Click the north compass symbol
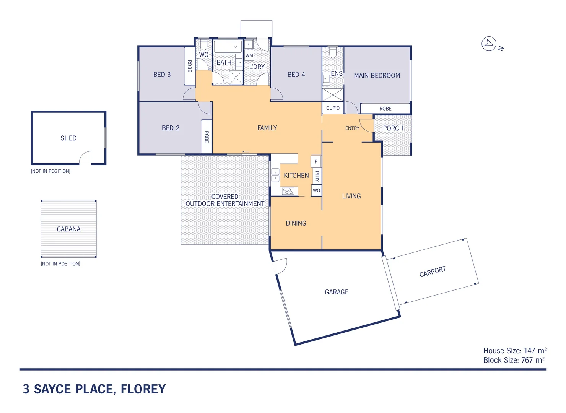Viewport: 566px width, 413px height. [x=489, y=44]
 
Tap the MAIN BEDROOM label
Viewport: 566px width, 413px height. [x=377, y=76]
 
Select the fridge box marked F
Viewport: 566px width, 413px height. [x=316, y=162]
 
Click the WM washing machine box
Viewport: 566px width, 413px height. [x=249, y=55]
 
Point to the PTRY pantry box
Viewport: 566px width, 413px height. [x=317, y=176]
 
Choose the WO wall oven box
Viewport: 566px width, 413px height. [x=316, y=190]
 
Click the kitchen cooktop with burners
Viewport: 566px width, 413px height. [x=288, y=191]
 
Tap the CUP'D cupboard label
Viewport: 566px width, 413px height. [x=333, y=108]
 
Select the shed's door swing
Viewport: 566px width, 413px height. [x=86, y=157]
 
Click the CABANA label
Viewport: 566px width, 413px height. [x=68, y=229]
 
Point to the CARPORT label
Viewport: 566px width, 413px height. [x=433, y=272]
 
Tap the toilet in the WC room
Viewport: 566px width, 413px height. [x=203, y=46]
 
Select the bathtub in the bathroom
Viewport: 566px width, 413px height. [x=228, y=47]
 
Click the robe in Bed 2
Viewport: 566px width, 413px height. [x=207, y=137]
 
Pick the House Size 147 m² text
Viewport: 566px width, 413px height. [x=514, y=351]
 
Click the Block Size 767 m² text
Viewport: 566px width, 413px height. [x=514, y=360]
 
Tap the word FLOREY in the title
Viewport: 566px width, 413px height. [x=143, y=389]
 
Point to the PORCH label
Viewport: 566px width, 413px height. [x=393, y=128]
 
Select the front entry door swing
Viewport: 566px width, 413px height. [x=366, y=125]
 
